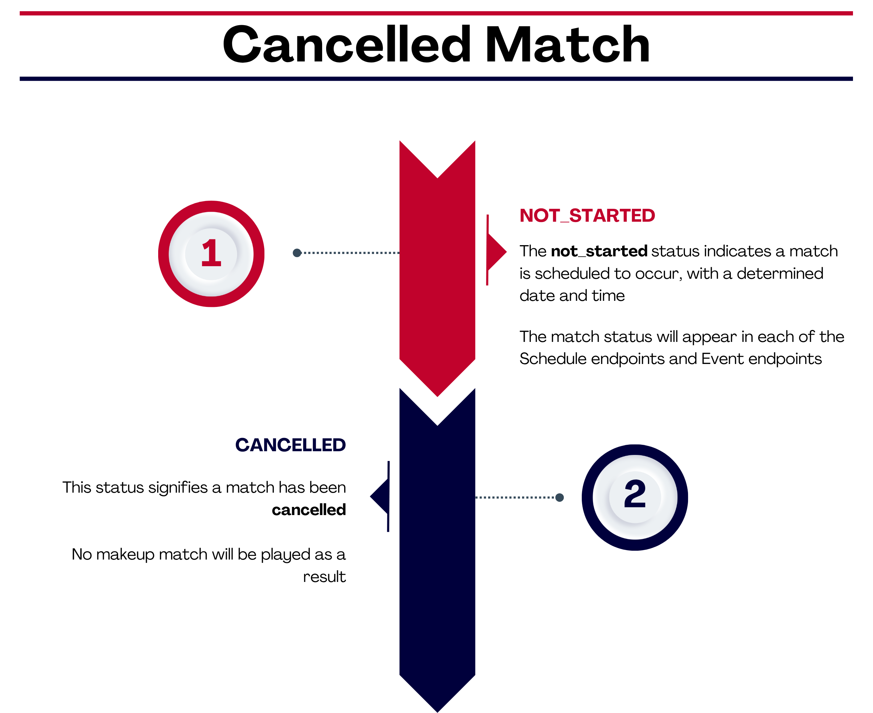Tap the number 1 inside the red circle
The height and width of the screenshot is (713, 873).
211,253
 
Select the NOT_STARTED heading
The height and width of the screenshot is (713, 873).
587,216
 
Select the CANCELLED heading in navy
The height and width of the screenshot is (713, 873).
291,445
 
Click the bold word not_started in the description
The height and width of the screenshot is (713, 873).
599,251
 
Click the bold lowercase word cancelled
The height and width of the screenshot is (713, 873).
309,510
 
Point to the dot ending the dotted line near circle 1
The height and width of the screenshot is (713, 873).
297,253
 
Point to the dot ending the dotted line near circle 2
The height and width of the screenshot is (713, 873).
559,497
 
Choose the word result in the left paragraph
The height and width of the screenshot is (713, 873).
324,577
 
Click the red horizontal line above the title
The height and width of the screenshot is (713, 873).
436,13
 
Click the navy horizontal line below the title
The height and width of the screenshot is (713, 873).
436,79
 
